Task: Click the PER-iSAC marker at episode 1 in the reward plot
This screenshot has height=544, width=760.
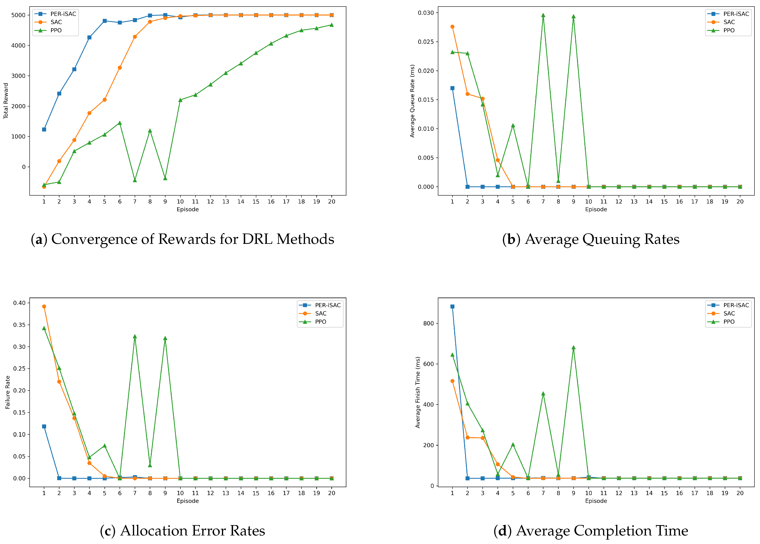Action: (44, 129)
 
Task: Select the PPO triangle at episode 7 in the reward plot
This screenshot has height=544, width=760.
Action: (135, 180)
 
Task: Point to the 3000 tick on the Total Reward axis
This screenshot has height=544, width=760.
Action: (18, 76)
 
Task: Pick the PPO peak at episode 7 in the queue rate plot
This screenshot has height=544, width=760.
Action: (543, 15)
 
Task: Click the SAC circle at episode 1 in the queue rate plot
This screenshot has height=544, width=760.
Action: (452, 27)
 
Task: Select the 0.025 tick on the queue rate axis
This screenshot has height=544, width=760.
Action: (426, 42)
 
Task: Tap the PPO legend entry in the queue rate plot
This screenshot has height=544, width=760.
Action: (729, 30)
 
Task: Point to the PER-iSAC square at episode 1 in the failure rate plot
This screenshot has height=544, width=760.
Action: (44, 426)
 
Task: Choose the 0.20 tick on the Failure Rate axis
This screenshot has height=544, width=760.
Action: (19, 391)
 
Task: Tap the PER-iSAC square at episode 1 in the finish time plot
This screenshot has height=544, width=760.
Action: (452, 307)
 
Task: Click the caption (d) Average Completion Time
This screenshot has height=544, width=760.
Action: (591, 531)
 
